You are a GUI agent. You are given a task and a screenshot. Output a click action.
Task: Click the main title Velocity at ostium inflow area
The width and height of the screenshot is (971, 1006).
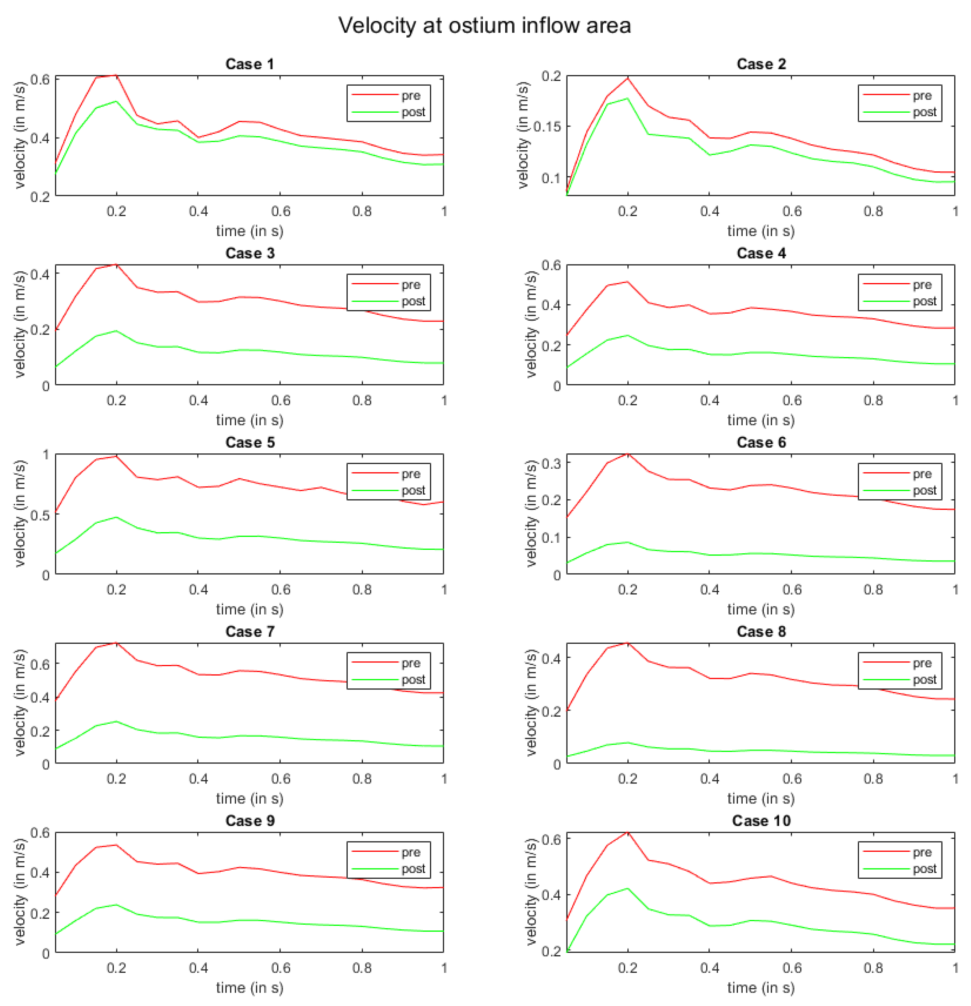484,25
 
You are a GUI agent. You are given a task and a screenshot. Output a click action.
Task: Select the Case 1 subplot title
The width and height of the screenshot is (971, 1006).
249,64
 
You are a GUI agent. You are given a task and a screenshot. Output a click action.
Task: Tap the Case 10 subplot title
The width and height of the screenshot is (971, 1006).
761,821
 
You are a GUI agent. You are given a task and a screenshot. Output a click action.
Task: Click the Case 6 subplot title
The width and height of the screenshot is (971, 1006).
761,442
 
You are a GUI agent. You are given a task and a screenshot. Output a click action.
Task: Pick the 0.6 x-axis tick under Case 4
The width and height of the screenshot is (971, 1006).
792,401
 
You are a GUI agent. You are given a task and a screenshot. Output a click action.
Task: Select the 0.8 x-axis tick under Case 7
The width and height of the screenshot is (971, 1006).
362,779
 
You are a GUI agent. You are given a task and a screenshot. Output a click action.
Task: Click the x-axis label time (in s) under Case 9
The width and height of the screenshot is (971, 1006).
249,987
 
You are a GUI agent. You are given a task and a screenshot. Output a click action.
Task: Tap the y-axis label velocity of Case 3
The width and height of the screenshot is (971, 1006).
19,324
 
